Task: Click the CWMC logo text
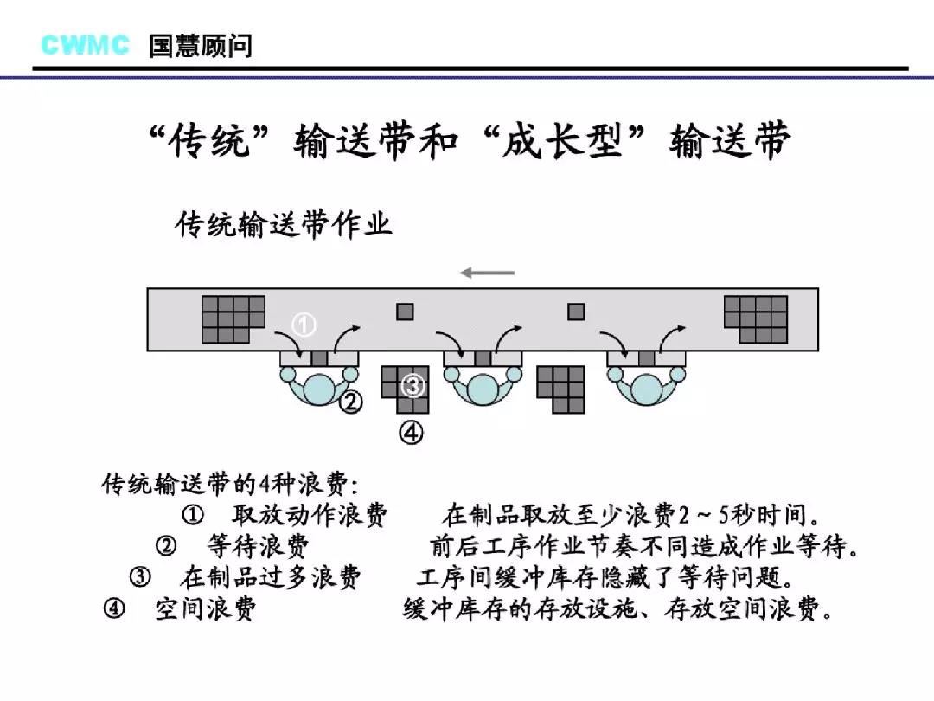(85, 45)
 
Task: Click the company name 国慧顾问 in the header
(201, 46)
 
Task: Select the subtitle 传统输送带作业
(284, 225)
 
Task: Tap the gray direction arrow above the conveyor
(487, 273)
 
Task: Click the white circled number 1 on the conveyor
(304, 325)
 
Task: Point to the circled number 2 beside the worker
(351, 402)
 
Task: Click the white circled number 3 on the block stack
(413, 385)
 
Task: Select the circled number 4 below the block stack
(411, 432)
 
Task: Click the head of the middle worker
(483, 389)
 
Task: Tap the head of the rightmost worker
(646, 389)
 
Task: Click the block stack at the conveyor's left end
(233, 319)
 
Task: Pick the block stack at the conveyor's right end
(756, 319)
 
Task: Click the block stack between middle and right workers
(560, 389)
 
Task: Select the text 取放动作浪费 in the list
(310, 515)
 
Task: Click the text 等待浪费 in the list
(259, 546)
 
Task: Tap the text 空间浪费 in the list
(206, 609)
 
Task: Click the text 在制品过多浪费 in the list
(271, 577)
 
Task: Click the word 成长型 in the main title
(563, 141)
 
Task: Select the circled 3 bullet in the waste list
(140, 577)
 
